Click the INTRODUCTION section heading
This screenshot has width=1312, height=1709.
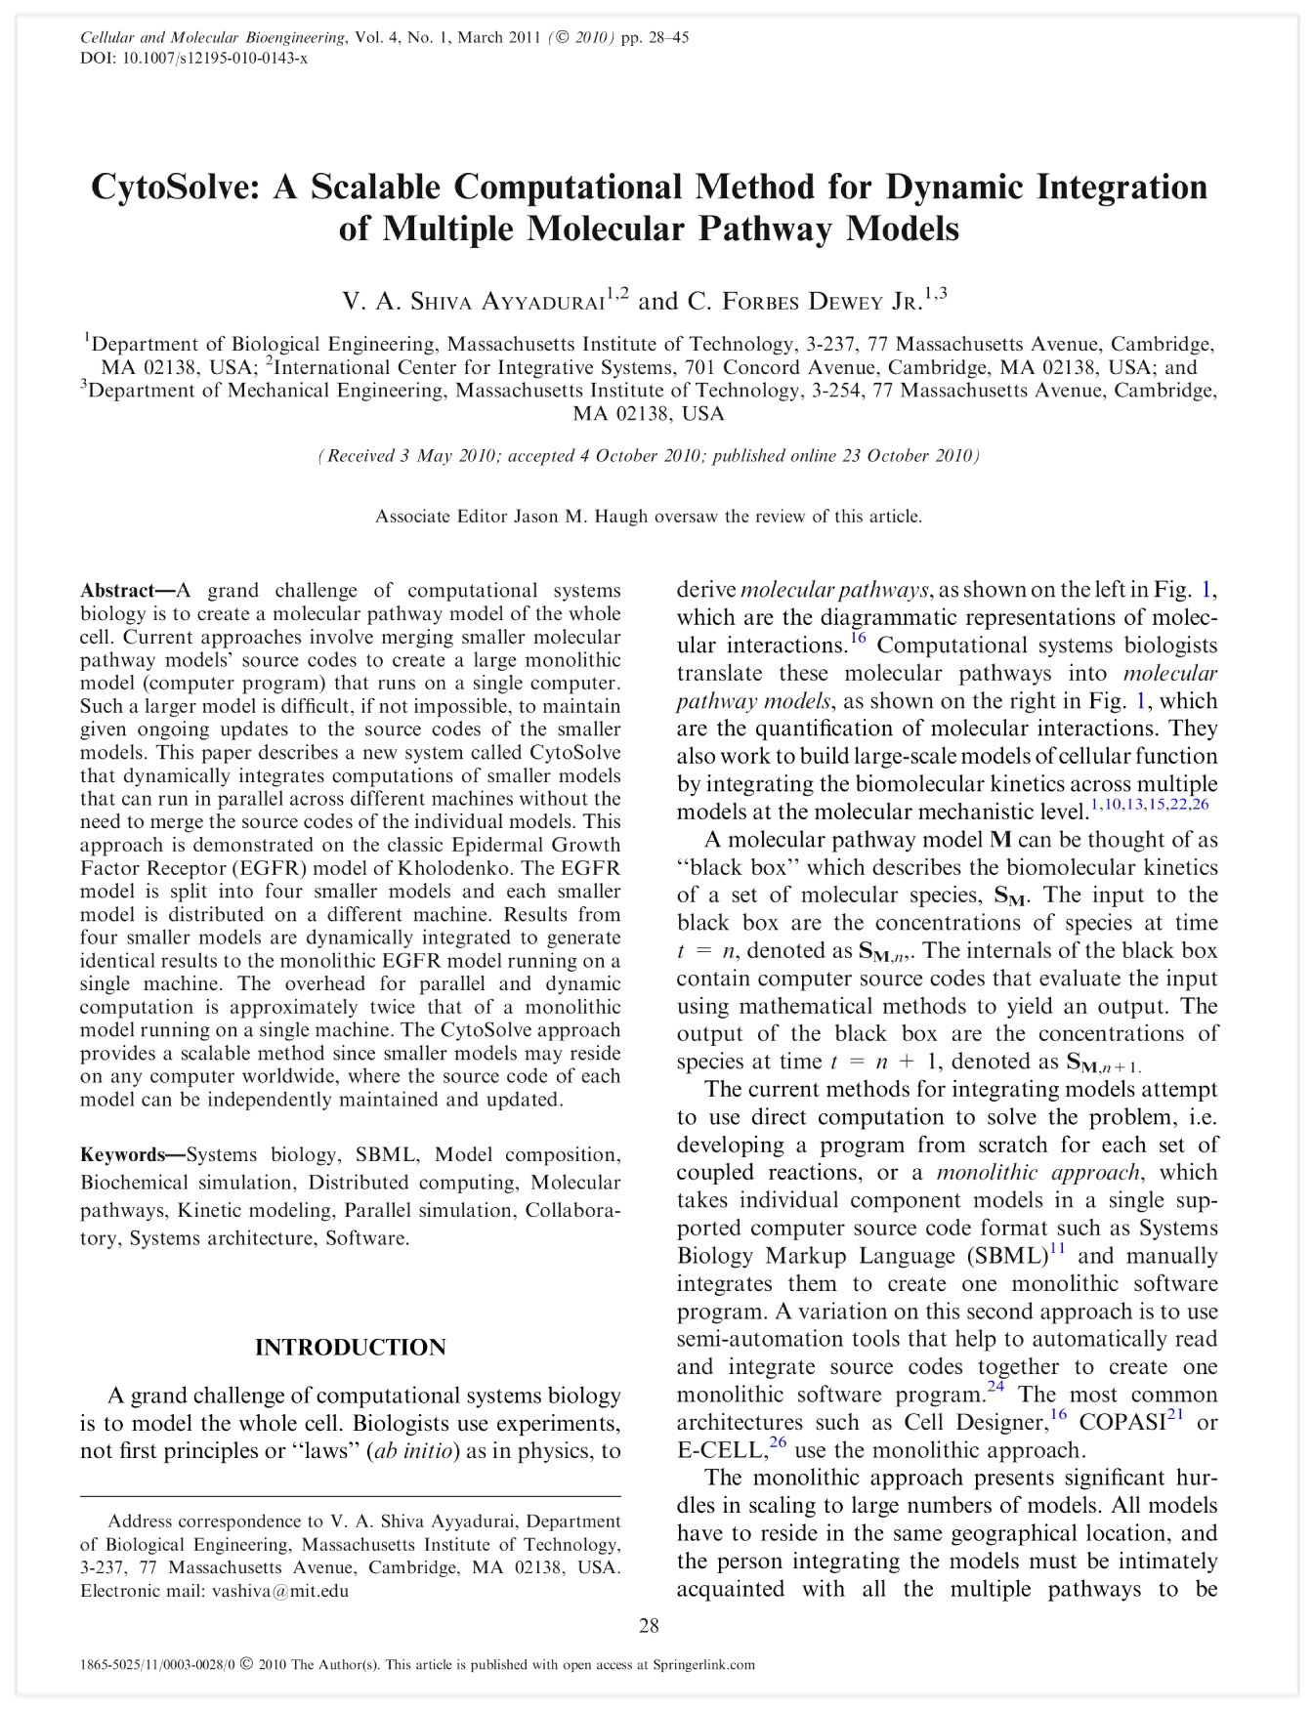[350, 1348]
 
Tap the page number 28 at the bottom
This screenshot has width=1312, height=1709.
[649, 1626]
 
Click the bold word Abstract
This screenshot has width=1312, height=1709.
[117, 591]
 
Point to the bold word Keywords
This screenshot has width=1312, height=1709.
[122, 1155]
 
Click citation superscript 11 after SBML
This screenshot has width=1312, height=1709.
[1057, 1249]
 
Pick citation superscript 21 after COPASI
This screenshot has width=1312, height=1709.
[1175, 1416]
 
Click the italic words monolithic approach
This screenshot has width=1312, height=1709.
[1037, 1173]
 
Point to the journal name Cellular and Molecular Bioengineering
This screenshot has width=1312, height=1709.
[212, 38]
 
